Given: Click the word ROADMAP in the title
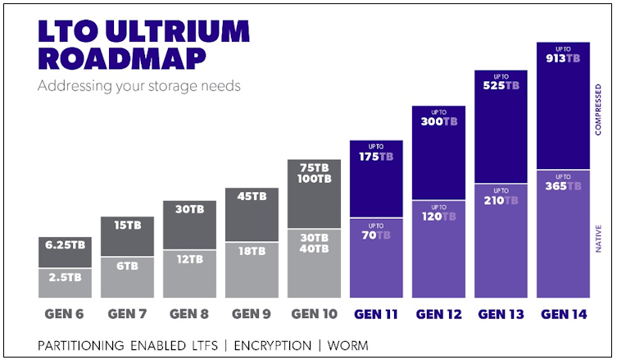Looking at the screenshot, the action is [122, 59].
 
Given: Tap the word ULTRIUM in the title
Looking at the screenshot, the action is [178, 30].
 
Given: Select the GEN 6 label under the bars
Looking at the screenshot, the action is [64, 314].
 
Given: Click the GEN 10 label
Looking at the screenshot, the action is [314, 314].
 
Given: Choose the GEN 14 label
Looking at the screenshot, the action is [564, 314].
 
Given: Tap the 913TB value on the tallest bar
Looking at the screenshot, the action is [563, 58].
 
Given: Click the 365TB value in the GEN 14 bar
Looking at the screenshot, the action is [563, 186].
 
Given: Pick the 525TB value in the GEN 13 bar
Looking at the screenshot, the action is [501, 85].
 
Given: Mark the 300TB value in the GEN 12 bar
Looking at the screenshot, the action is [438, 121].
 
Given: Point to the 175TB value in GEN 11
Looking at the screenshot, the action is [376, 157].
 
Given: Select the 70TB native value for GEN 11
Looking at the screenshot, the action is [376, 235].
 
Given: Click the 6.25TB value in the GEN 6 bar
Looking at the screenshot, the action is [65, 245].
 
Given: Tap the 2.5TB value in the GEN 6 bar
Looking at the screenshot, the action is [65, 277].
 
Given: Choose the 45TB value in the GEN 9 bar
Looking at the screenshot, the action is [252, 196].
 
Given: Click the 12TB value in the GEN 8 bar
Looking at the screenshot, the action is [189, 259].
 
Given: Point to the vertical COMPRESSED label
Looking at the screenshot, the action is [598, 110].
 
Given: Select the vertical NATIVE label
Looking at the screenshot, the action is [598, 239].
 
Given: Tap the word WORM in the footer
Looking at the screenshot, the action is [348, 345].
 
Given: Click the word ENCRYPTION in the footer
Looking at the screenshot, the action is [272, 345].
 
